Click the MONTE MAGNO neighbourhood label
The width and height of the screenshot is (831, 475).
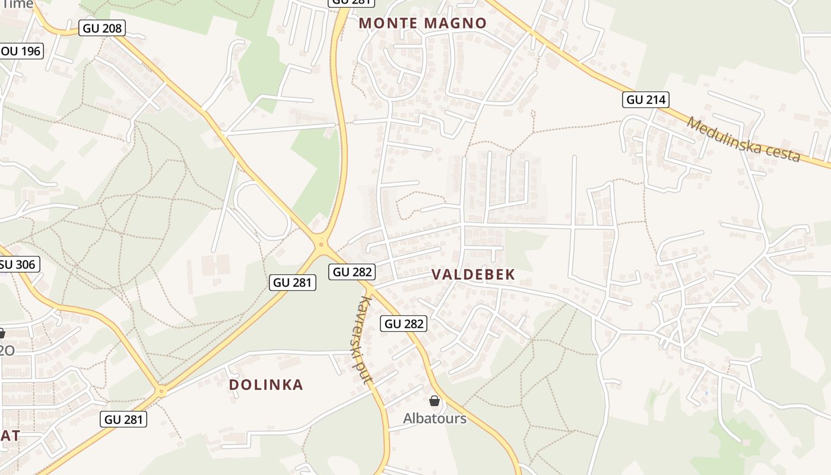(423, 23)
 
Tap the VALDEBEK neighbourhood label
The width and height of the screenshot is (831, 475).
(473, 274)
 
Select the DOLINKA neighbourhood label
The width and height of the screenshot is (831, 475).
(266, 385)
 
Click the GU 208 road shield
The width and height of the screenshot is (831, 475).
(102, 28)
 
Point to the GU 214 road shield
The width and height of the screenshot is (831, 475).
(646, 99)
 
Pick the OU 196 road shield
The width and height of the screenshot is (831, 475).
(21, 51)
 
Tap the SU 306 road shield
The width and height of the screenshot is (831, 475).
(18, 264)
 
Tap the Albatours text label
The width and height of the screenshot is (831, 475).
(434, 419)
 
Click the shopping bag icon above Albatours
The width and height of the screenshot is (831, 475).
(434, 401)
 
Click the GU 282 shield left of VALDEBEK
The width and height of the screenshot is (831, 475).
(353, 272)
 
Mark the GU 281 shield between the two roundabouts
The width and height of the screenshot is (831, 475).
(293, 283)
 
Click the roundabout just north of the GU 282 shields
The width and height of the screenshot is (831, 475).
(321, 243)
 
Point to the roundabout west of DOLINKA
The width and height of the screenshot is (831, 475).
(161, 391)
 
